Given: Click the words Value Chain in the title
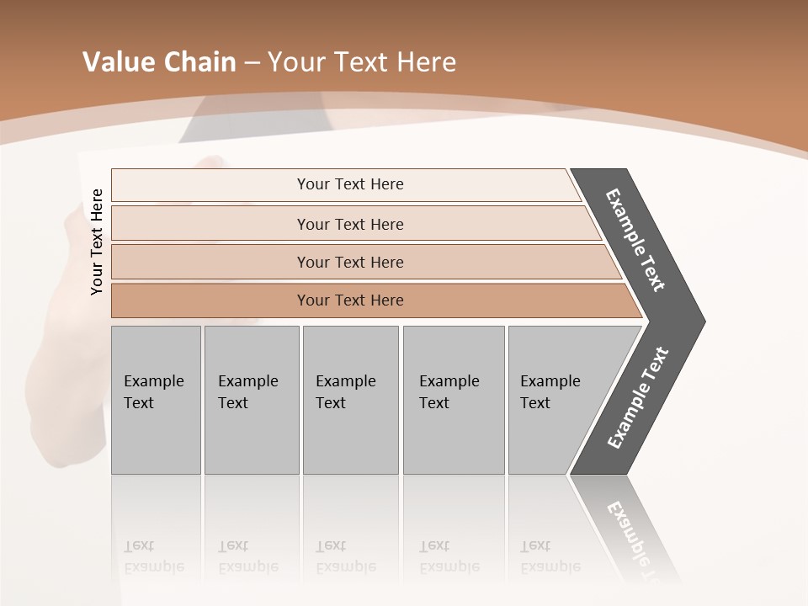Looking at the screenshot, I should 159,62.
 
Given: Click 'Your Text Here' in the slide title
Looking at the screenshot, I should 362,62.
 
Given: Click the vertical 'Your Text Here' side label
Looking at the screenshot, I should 97,242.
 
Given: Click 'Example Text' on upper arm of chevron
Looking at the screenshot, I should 635,240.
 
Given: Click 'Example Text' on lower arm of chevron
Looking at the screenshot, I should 637,397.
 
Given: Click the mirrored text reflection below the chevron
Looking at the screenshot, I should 631,539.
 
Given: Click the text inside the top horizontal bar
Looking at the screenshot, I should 350,184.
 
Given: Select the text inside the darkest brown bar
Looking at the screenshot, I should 350,300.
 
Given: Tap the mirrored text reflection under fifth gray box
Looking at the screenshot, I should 550,556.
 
